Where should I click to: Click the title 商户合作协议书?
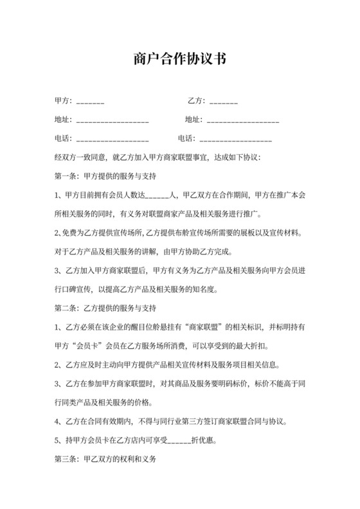pos(180,60)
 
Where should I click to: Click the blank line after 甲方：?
pos(90,102)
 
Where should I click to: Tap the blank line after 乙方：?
pos(223,102)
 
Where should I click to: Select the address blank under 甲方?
pos(113,120)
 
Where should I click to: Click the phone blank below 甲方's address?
pos(113,139)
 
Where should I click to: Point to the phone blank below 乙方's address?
pos(235,139)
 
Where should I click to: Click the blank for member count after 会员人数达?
pos(157,195)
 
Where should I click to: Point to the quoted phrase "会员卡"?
pos(87,346)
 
